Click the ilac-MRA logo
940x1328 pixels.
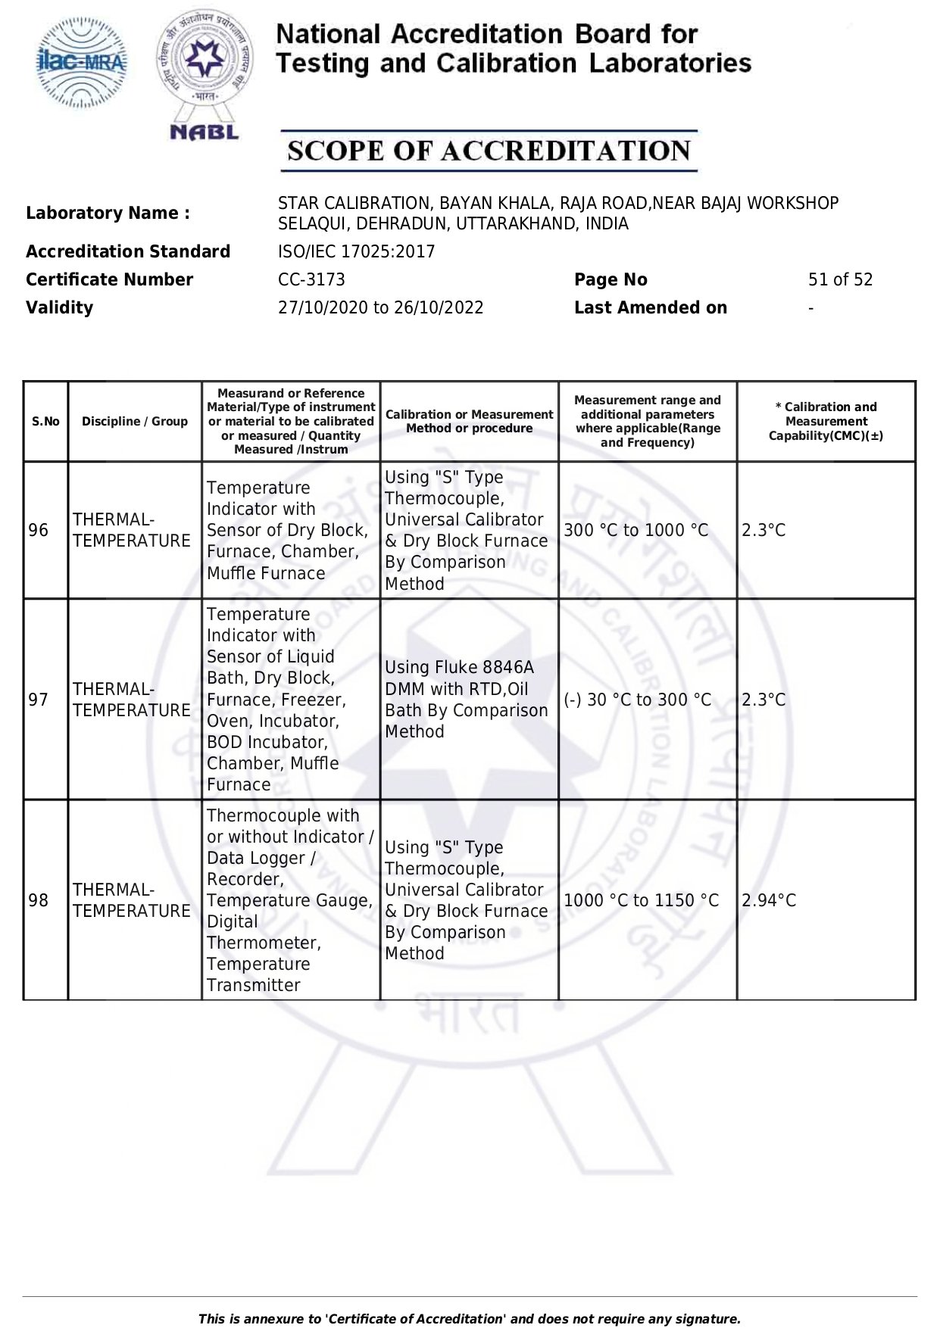pyautogui.click(x=83, y=63)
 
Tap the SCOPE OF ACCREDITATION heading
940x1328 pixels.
pyautogui.click(x=489, y=151)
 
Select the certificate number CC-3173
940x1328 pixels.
pyautogui.click(x=311, y=279)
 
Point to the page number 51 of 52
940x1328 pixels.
pyautogui.click(x=840, y=279)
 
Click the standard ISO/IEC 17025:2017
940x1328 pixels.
pyautogui.click(x=356, y=251)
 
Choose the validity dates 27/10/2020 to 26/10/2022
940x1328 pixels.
pyautogui.click(x=380, y=307)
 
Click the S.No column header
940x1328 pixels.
pyautogui.click(x=45, y=422)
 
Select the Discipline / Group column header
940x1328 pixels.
pyautogui.click(x=135, y=422)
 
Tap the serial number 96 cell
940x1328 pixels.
pyautogui.click(x=39, y=530)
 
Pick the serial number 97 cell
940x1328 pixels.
pyautogui.click(x=39, y=700)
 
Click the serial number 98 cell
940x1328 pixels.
pyautogui.click(x=39, y=900)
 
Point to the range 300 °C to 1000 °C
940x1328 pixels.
pyautogui.click(x=636, y=530)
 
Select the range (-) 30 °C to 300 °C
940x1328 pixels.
pyautogui.click(x=638, y=700)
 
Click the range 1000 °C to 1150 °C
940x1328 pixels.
pyautogui.click(x=641, y=900)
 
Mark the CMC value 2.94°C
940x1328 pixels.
pyautogui.click(x=769, y=900)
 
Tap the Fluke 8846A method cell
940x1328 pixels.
pyautogui.click(x=467, y=700)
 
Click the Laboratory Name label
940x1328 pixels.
pyautogui.click(x=108, y=214)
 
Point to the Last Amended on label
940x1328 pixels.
pyautogui.click(x=650, y=307)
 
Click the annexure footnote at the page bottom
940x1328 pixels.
pyautogui.click(x=470, y=1319)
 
